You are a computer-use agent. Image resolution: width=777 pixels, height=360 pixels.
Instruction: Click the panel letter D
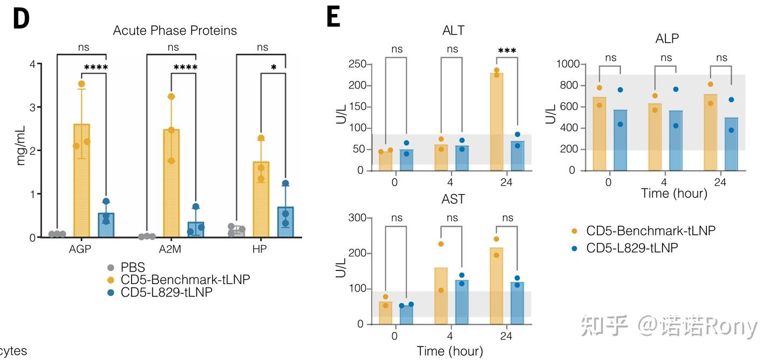(21, 19)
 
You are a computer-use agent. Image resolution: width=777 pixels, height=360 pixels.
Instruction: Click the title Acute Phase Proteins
(175, 30)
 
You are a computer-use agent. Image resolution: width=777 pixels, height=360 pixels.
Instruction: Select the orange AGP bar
(81, 181)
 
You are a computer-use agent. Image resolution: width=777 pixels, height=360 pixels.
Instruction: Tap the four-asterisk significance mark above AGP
(96, 68)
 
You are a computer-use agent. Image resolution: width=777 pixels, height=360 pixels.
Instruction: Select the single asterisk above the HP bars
(274, 68)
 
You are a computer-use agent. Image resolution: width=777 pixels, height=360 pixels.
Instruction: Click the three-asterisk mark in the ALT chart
(507, 51)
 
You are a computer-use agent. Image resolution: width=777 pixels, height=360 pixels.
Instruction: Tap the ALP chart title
(667, 38)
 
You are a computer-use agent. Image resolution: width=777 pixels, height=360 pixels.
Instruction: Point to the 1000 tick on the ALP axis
(567, 64)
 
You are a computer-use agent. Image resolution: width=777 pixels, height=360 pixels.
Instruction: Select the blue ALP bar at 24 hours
(731, 144)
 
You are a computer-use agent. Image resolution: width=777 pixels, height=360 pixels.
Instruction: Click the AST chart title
(453, 200)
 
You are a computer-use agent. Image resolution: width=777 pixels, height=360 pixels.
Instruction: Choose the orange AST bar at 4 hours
(441, 296)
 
